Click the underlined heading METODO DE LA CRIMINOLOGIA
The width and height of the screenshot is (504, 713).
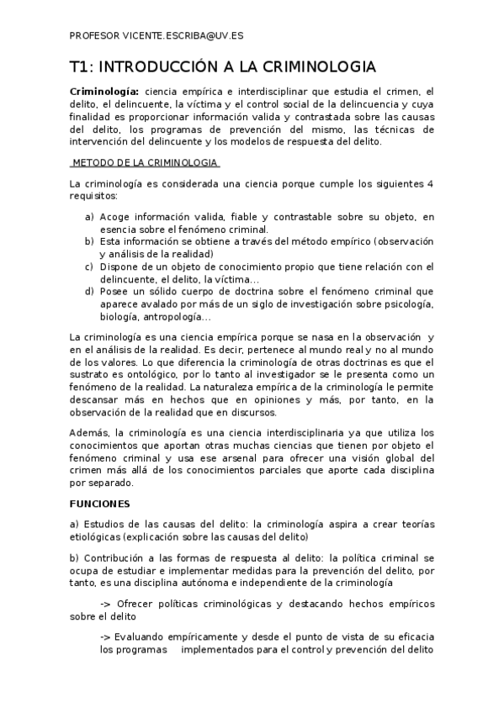click(x=142, y=161)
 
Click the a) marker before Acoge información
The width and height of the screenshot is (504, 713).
click(x=88, y=217)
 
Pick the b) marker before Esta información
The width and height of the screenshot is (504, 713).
click(x=88, y=240)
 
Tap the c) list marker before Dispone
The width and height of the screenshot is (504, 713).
click(x=88, y=267)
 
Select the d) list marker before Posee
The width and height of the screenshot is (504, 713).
click(x=88, y=291)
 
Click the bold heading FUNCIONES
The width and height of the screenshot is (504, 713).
click(x=99, y=503)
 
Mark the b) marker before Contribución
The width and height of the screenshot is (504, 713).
click(x=74, y=557)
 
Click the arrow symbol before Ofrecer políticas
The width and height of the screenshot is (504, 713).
click(x=105, y=604)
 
